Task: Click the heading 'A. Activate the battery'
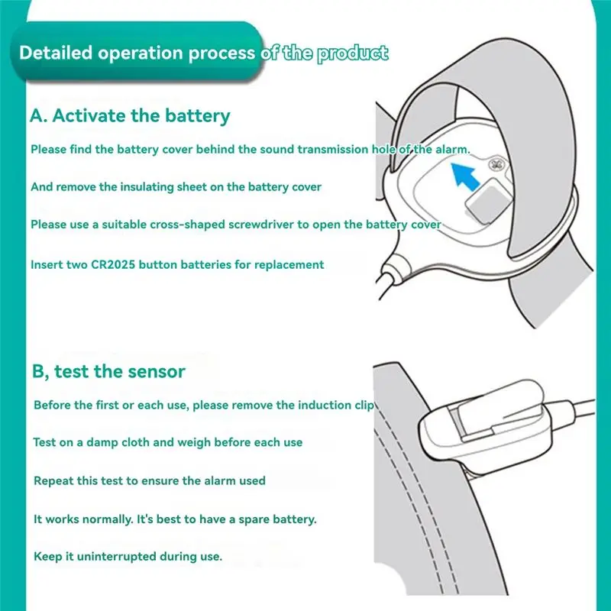[130, 116]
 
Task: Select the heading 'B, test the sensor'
[108, 371]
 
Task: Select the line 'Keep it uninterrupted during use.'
[128, 556]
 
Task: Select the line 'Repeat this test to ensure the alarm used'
[149, 480]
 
